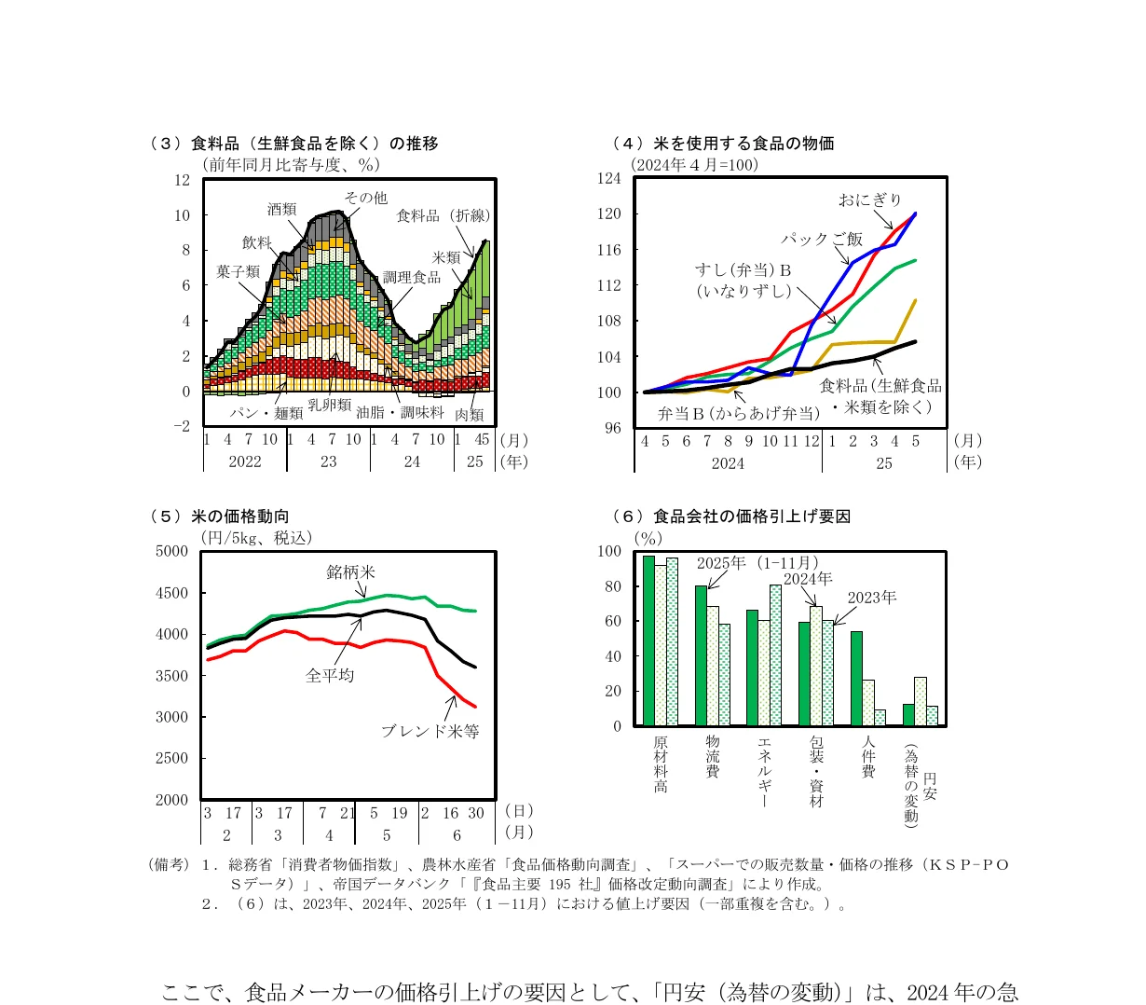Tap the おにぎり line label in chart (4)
coord(869,200)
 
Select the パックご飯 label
coord(822,239)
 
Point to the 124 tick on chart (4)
coord(608,178)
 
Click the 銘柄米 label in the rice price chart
coord(350,571)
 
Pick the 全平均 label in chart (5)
coord(330,675)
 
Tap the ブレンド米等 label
coord(430,731)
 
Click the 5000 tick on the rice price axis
coord(171,551)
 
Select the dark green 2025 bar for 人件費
coord(856,679)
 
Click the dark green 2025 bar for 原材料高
coord(648,640)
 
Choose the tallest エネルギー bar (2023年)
coord(775,655)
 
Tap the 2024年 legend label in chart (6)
coord(808,579)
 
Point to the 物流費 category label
coord(712,756)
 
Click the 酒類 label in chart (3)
coord(281,210)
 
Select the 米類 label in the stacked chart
coord(446,257)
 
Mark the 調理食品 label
coord(411,277)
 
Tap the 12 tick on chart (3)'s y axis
coord(182,180)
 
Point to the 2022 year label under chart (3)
coord(245,461)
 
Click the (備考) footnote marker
coord(169,864)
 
